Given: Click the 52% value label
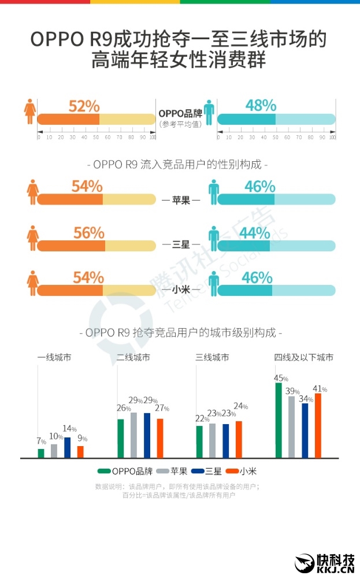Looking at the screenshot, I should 84,106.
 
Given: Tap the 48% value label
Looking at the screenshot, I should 261,105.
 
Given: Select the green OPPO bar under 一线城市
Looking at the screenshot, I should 41,453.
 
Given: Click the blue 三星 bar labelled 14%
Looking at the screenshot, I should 68,447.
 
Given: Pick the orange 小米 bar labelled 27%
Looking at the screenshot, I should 160,438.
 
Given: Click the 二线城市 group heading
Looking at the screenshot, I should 133,358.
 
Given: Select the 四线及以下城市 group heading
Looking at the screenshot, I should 304,358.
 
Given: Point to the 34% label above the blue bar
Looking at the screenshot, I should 306,399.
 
